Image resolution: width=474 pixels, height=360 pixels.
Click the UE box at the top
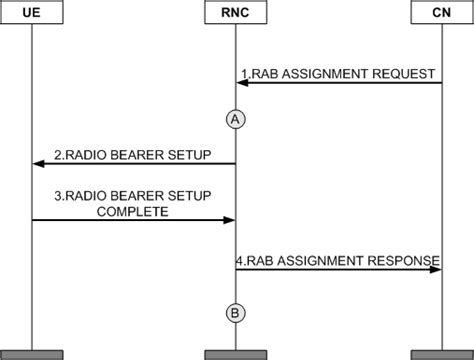tap(31, 12)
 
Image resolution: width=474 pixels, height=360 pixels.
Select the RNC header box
tap(236, 12)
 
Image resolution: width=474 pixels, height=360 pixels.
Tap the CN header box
tap(441, 12)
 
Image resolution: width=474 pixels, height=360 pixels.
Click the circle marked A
tap(236, 117)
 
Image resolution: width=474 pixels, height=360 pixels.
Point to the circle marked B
tap(236, 313)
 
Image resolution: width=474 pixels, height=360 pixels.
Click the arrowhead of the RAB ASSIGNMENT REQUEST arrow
tap(242, 84)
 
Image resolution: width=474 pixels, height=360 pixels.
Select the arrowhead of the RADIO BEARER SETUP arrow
tap(37, 164)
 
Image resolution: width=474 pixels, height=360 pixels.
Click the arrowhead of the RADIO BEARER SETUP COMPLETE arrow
tap(230, 219)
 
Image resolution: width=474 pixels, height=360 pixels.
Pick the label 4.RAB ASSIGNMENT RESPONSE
tap(338, 260)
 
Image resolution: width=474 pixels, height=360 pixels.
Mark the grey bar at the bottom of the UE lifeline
tap(31, 354)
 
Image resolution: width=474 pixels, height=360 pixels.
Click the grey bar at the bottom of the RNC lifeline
tap(236, 354)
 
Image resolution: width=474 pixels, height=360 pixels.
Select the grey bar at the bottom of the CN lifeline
tap(441, 354)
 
